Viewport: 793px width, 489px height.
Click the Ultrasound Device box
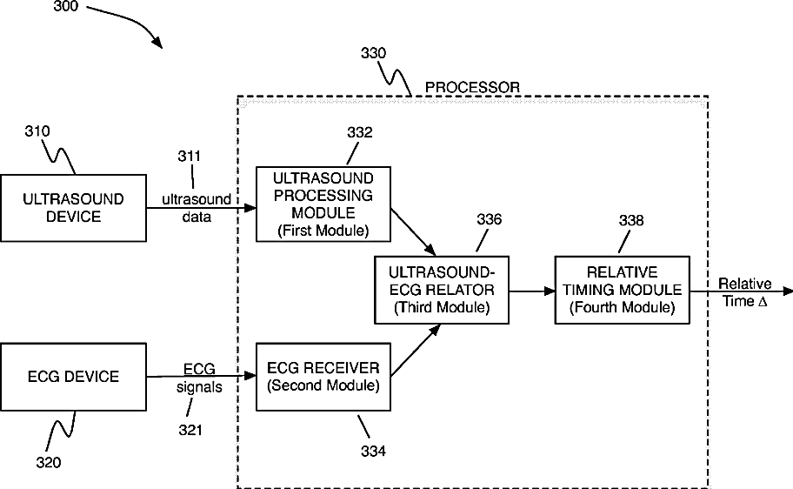tap(73, 208)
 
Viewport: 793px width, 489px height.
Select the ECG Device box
tap(73, 377)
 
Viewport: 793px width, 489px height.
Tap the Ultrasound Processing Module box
tap(323, 204)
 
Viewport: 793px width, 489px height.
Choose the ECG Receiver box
tap(323, 377)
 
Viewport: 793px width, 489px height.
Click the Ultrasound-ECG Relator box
tap(442, 290)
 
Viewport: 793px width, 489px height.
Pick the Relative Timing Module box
tap(622, 290)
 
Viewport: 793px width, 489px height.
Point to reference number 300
tap(66, 7)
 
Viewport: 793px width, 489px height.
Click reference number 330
tap(373, 53)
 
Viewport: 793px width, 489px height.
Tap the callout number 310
tap(37, 131)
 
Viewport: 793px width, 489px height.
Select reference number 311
tap(190, 156)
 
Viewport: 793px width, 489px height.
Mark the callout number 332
tap(360, 132)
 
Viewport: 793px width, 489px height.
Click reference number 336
tap(489, 219)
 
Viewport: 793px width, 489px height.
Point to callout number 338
tap(631, 220)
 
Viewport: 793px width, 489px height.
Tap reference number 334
tap(373, 451)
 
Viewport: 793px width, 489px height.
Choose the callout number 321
tap(190, 430)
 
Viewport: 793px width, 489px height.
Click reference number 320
tap(49, 462)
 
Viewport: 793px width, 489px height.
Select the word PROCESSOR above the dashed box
tap(472, 88)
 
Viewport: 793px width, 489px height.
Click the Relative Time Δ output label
tap(744, 292)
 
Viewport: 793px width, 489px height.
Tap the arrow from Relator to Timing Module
tap(532, 291)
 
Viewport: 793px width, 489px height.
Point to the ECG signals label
tap(199, 378)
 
